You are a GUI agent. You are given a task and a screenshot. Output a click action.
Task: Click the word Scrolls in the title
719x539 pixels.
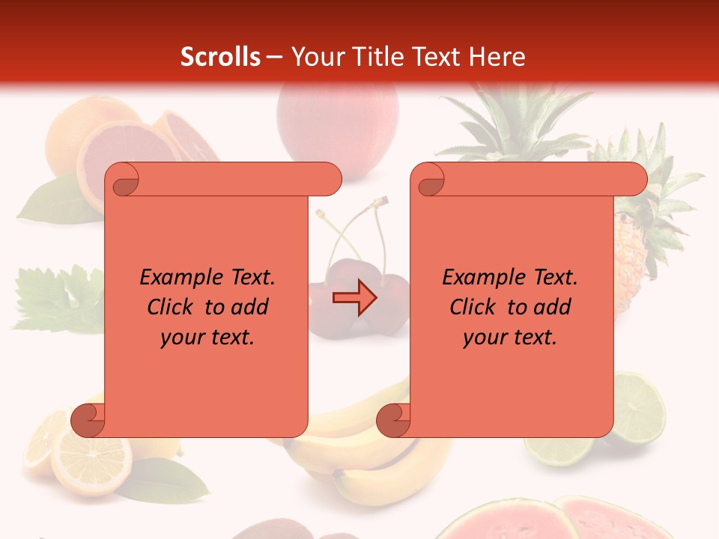pos(221,57)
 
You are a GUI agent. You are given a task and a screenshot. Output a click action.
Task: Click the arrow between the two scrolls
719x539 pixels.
pos(354,298)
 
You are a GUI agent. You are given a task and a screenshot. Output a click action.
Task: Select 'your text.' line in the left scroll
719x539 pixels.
pos(207,337)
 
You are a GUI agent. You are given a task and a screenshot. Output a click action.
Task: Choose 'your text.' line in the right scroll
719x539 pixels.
pos(510,337)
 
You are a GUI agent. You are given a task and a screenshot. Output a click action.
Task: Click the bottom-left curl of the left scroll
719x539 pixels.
pos(88,419)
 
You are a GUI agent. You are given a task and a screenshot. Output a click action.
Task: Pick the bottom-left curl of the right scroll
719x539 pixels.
pos(393,419)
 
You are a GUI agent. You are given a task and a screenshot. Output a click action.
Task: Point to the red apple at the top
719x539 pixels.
pos(337,124)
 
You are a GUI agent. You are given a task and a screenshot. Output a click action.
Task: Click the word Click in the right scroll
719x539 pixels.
pos(473,307)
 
